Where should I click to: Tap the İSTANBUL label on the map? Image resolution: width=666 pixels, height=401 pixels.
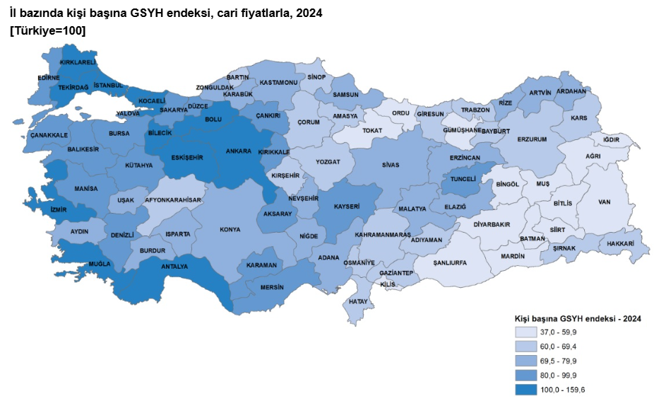108,86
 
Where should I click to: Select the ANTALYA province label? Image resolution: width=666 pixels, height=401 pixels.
174,267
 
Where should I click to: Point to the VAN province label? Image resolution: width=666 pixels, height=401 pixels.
604,202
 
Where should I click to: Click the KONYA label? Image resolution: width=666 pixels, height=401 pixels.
230,229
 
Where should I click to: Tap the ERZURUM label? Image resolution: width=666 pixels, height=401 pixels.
532,139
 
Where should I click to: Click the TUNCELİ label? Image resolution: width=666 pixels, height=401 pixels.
463,179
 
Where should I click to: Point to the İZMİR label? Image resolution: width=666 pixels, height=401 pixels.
59,209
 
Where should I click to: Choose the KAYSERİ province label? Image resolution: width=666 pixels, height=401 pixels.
347,207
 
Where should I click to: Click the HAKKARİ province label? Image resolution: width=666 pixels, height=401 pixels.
619,243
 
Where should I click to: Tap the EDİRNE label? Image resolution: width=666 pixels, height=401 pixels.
49,78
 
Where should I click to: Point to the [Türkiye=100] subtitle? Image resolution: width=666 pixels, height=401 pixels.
47,30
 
